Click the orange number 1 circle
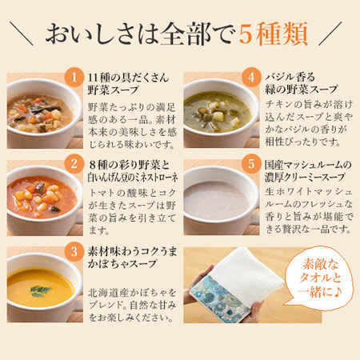pos(74,77)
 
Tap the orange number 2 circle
pos(74,164)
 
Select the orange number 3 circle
pos(74,251)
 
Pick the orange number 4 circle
pos(251,77)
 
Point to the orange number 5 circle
pos(251,164)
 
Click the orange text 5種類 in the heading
pos(274,34)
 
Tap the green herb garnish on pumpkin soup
pos(40,290)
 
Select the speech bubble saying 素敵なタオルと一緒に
pos(318,278)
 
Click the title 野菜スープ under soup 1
pos(114,90)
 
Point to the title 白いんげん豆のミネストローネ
pos(133,178)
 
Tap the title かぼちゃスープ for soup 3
pos(122,264)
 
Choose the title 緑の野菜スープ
pos(302,90)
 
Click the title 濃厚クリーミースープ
pos(305,177)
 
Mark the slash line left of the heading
pos(22,34)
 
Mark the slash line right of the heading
pos(330,34)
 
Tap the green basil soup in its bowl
pos(218,111)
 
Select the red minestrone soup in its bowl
pos(42,197)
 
